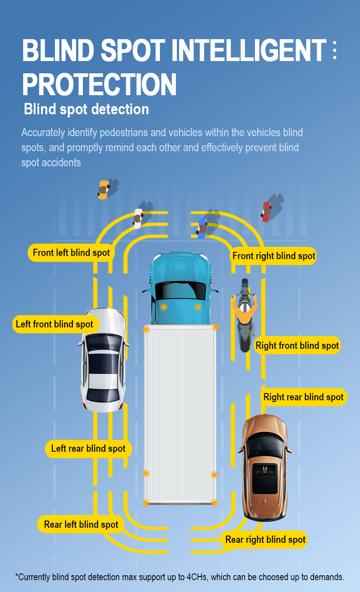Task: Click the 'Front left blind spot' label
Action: point(71,253)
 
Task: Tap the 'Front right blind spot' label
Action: point(273,256)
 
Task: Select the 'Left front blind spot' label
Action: point(56,324)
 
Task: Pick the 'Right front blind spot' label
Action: point(297,345)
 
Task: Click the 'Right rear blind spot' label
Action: point(303,397)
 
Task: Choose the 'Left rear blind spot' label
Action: point(88,449)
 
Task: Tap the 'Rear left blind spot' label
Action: point(81,524)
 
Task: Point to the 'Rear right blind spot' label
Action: point(265,539)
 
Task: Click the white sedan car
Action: point(103,360)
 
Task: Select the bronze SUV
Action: point(265,468)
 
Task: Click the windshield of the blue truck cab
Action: point(180,291)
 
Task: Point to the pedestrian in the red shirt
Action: point(266,212)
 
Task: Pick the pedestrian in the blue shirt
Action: point(202,229)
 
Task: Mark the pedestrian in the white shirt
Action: point(138,219)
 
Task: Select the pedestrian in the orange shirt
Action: point(103,190)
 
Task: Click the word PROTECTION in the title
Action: point(99,84)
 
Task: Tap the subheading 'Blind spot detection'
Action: point(87,109)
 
